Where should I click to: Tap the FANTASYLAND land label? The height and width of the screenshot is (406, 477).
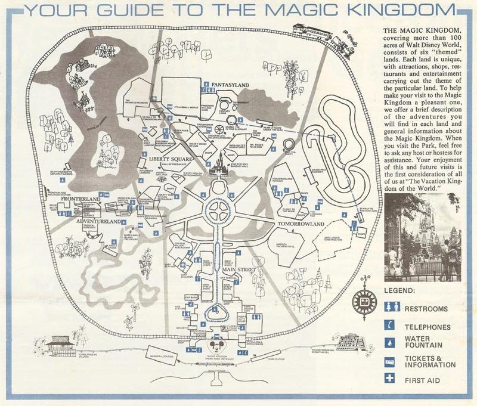[230, 86]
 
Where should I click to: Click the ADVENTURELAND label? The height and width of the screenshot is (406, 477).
[83, 221]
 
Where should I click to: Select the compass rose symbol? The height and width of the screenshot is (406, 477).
[361, 303]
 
